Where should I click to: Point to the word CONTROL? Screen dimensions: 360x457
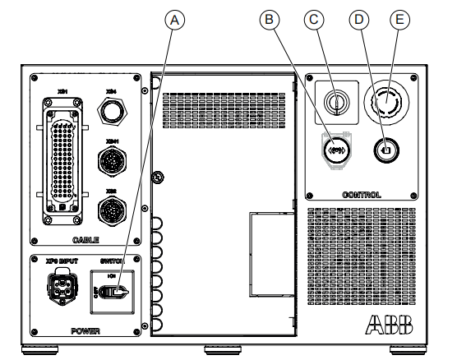coord(362,195)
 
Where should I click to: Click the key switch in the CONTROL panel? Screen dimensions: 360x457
coord(335,102)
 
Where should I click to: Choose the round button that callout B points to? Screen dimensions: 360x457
coord(335,149)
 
